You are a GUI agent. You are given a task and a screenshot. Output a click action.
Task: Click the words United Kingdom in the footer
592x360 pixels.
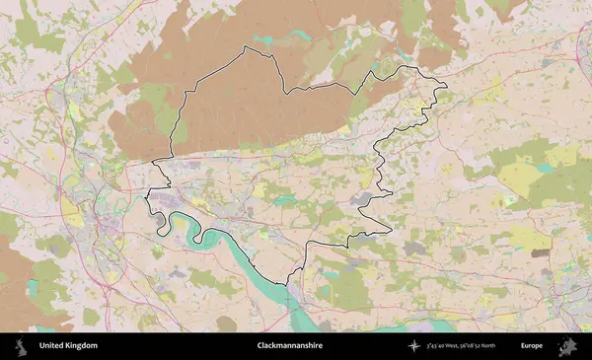coord(68,346)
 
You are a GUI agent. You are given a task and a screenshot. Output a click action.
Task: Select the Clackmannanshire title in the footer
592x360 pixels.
coord(289,346)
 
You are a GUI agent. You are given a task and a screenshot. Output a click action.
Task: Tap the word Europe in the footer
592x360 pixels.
coord(533,346)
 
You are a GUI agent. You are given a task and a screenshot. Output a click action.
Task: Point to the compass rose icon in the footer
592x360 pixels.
coord(415,346)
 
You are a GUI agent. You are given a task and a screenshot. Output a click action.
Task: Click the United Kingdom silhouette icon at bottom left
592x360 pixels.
coord(20,346)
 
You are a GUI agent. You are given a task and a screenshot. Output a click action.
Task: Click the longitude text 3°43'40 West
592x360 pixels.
coord(448,346)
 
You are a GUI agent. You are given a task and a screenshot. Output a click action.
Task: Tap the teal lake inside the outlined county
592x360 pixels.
coord(285,200)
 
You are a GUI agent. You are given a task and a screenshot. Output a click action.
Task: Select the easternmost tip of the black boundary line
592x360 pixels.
coord(446,86)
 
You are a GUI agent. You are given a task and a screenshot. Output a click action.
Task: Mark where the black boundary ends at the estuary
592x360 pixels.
coord(289,284)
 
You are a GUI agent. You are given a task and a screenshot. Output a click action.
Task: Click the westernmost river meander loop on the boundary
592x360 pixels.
coord(158,222)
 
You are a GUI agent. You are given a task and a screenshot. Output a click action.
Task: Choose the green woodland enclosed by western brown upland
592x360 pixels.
coord(153,99)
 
